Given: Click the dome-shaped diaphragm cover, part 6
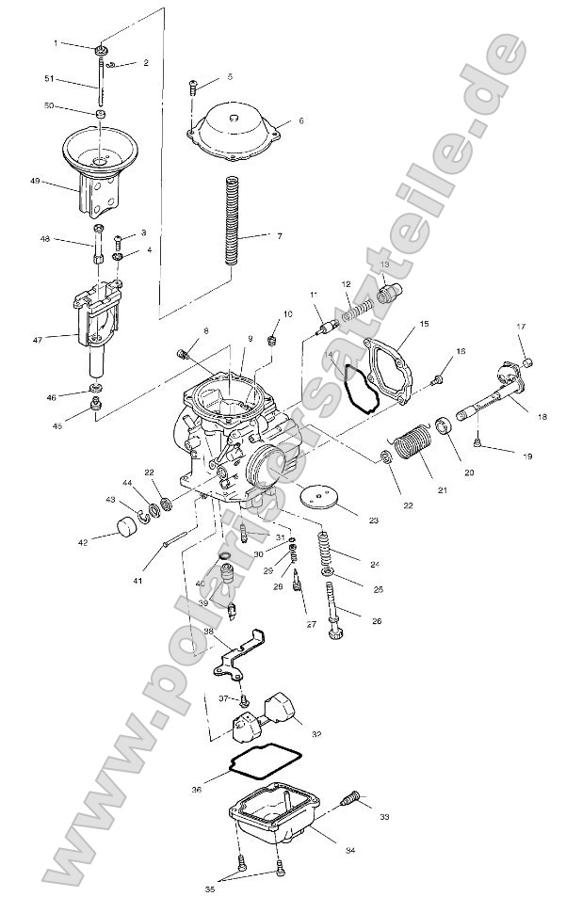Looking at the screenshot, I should (x=235, y=123).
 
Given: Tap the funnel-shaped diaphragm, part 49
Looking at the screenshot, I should (x=99, y=160).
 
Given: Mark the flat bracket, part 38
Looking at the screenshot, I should (x=235, y=653).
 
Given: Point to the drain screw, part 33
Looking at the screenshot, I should (x=349, y=799).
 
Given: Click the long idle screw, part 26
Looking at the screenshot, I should (x=333, y=611).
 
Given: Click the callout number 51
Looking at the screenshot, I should (x=49, y=79).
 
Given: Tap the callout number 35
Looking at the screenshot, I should (x=209, y=888).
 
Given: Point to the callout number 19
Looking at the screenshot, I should (x=526, y=456).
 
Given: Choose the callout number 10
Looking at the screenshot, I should (x=288, y=312).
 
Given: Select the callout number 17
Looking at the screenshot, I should (x=519, y=327).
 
